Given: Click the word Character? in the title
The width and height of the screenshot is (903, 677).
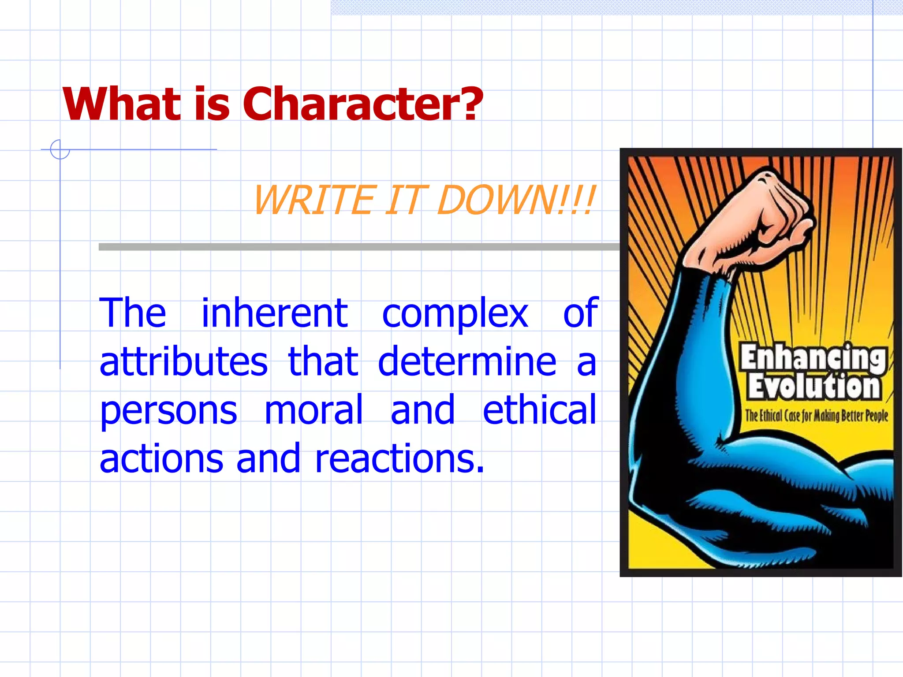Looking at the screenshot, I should pos(362,104).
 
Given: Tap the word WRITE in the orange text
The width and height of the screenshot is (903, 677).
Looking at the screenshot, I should pos(314,201).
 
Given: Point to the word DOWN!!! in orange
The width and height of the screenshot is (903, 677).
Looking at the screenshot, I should pos(516,201).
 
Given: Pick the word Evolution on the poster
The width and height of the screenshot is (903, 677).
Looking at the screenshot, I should pos(814,387).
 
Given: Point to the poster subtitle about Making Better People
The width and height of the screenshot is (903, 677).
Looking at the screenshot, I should pos(816,416).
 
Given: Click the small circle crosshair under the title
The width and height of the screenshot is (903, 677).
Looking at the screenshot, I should pos(60,149).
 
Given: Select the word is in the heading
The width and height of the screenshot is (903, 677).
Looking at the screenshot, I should pos(212,104).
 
